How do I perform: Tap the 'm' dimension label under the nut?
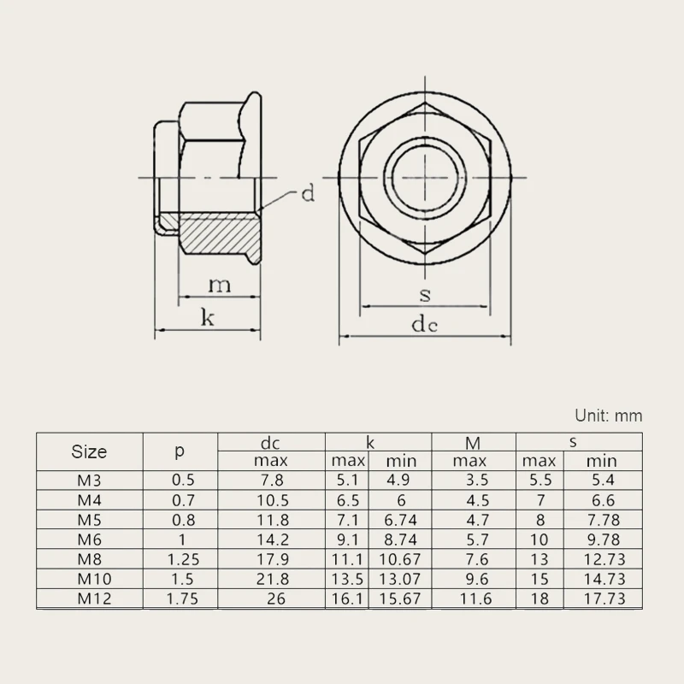click(220, 285)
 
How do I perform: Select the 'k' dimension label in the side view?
click(207, 318)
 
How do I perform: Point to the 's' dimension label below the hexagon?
click(425, 295)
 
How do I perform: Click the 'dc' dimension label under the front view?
click(425, 325)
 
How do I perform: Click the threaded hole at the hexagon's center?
click(425, 179)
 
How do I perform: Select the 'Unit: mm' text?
click(608, 416)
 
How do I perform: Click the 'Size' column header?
click(89, 451)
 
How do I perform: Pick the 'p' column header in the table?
click(180, 451)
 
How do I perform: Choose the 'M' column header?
click(473, 442)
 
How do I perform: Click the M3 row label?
click(89, 481)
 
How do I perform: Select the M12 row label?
click(89, 599)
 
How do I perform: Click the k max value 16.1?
click(347, 599)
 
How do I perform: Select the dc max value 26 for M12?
click(275, 599)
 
